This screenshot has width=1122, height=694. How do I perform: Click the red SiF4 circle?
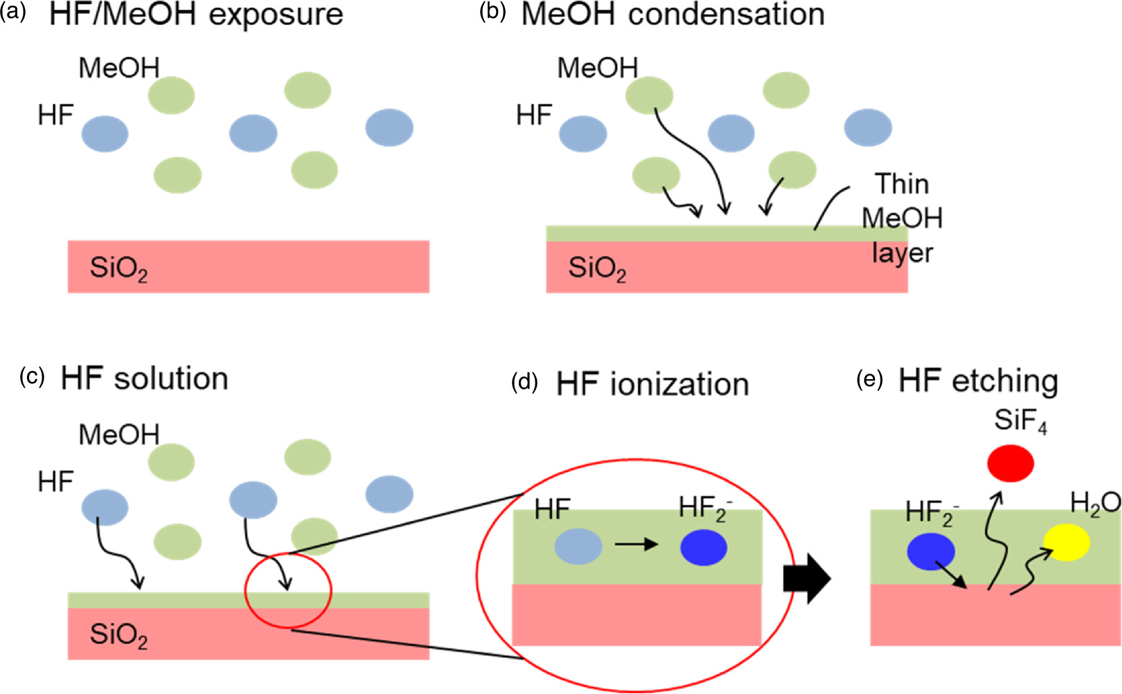(x=1011, y=464)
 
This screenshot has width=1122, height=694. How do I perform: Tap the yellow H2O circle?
(x=1067, y=542)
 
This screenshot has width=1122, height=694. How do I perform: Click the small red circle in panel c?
(x=288, y=592)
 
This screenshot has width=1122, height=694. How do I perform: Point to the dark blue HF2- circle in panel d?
(x=703, y=547)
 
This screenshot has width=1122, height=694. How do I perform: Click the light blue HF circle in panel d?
(x=578, y=546)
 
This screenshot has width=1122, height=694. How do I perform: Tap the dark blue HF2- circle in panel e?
(x=931, y=551)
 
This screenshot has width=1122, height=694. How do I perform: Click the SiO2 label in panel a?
(x=118, y=268)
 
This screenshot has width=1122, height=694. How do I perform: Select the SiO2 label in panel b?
(x=597, y=268)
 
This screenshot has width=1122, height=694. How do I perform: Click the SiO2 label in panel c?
(x=118, y=635)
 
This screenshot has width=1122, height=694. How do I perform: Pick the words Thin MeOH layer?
(x=902, y=218)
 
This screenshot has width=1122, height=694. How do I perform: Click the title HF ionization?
(x=652, y=384)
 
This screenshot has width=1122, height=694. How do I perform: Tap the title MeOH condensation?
(x=672, y=15)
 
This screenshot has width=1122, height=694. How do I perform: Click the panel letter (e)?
(x=870, y=380)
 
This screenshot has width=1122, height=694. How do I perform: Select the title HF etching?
(x=978, y=381)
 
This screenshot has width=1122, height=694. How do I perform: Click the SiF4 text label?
(x=1020, y=421)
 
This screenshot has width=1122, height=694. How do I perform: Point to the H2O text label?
(x=1094, y=504)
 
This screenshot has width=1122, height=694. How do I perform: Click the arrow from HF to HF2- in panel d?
(x=636, y=545)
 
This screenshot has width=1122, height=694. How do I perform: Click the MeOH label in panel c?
(x=119, y=435)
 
